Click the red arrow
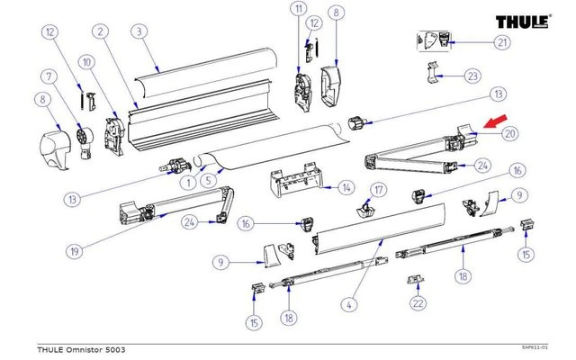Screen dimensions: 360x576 tap(494, 123)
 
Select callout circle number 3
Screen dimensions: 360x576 tap(139, 31)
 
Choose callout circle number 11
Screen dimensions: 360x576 tap(299, 12)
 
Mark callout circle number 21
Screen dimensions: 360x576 tap(501, 42)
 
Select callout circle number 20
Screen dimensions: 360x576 tap(509, 133)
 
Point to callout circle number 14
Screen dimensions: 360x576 tap(346, 188)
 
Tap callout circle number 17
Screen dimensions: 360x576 tap(379, 190)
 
